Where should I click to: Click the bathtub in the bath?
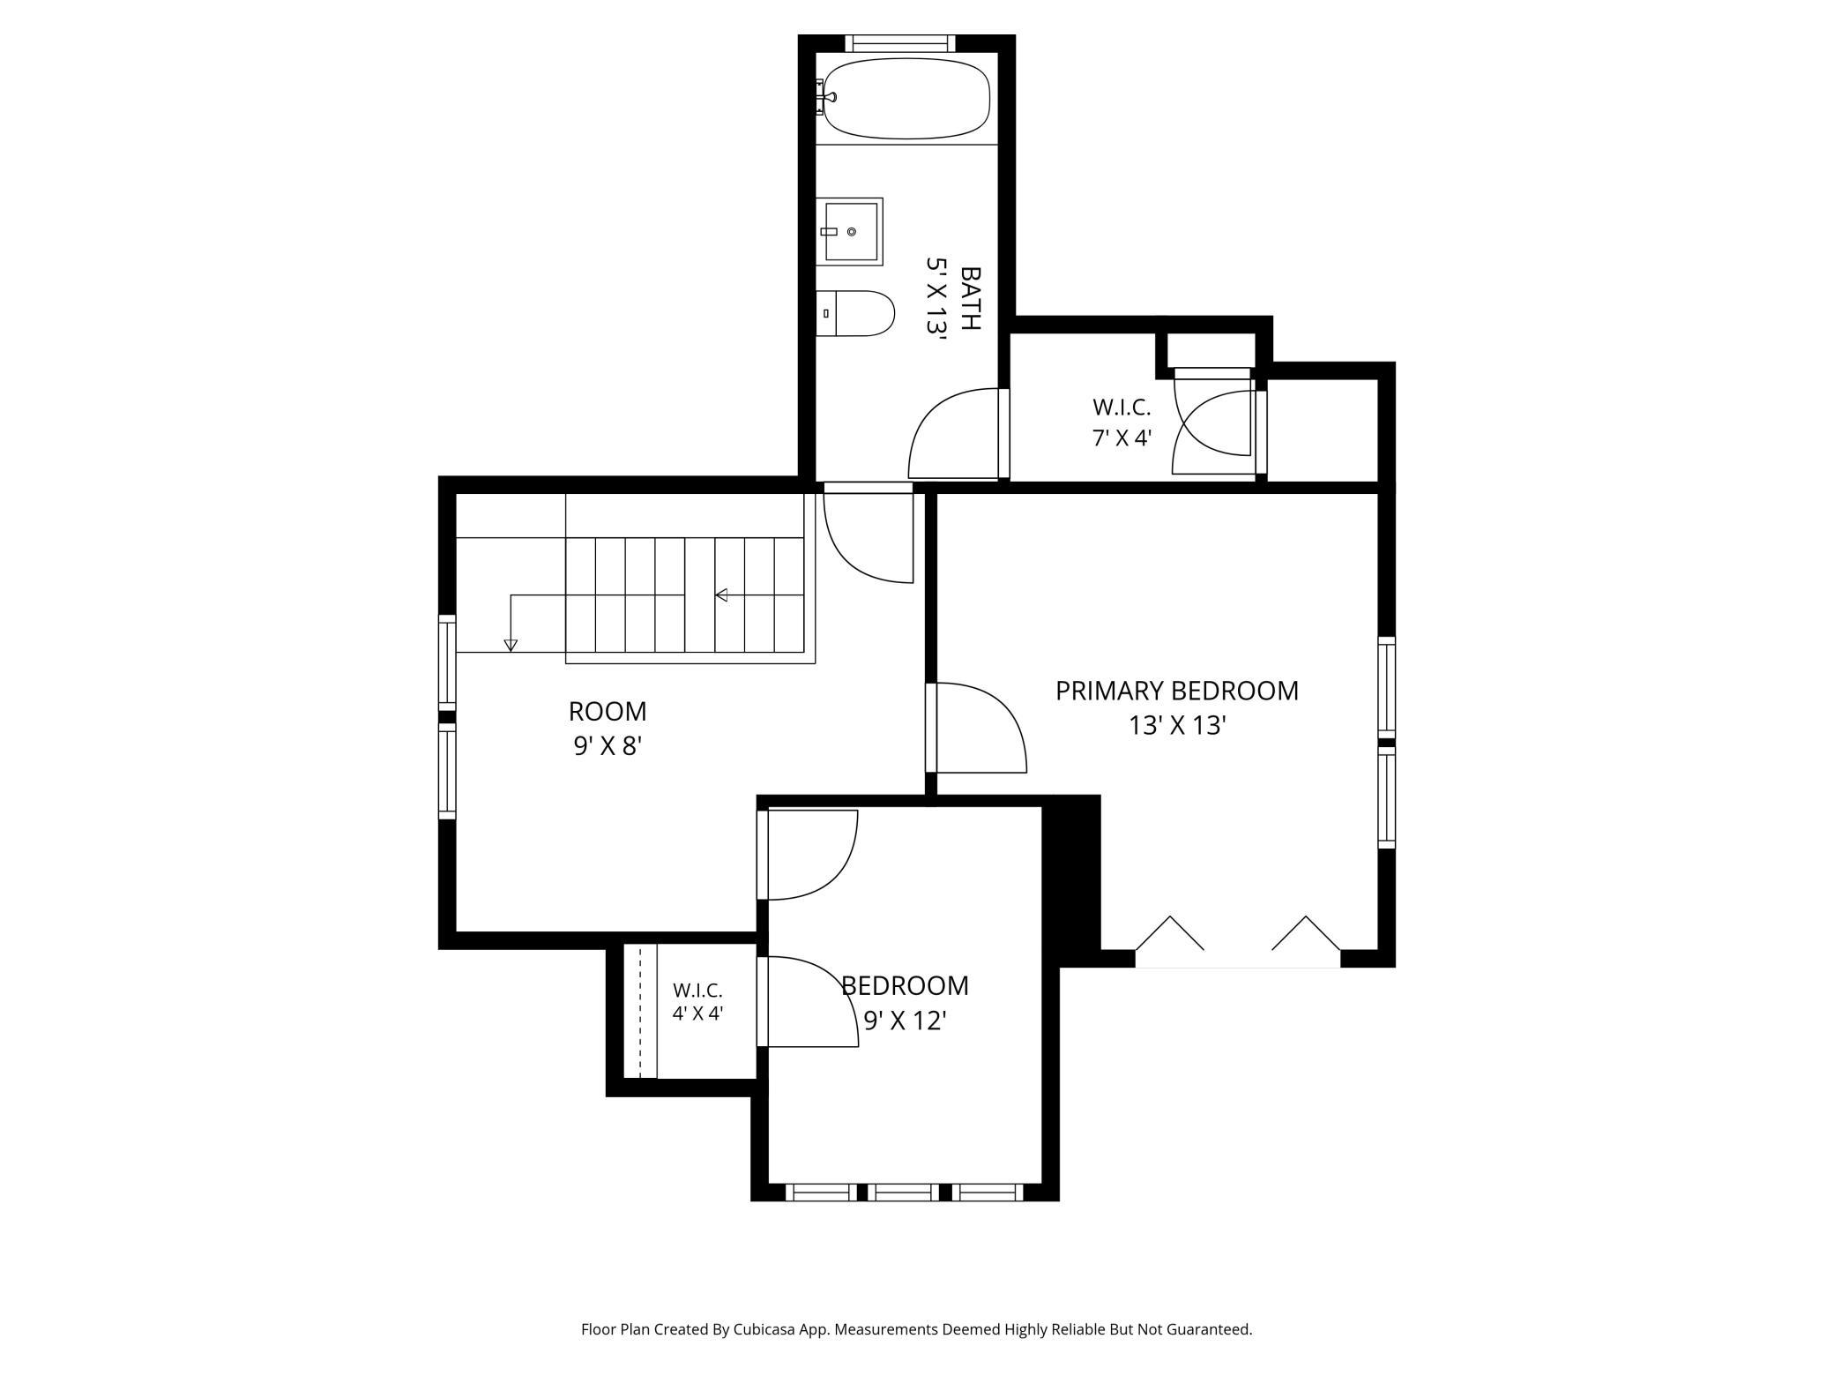pos(906,98)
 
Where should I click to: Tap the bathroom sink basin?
pos(849,231)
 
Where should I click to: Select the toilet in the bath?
pos(854,313)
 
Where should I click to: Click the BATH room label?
pos(970,298)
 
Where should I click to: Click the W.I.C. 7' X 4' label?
pos(1122,423)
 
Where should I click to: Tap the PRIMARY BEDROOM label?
pos(1177,691)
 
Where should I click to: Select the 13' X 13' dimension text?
pos(1178,725)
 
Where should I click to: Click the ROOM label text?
pos(608,711)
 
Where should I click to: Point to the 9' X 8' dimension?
pos(608,746)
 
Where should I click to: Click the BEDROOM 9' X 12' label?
pos(905,1003)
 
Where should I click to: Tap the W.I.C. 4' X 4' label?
pos(697,1002)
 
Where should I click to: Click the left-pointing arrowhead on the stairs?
pos(720,595)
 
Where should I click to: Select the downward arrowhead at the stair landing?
pos(511,646)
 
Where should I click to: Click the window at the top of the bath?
pos(900,43)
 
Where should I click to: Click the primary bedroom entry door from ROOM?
pos(976,728)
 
